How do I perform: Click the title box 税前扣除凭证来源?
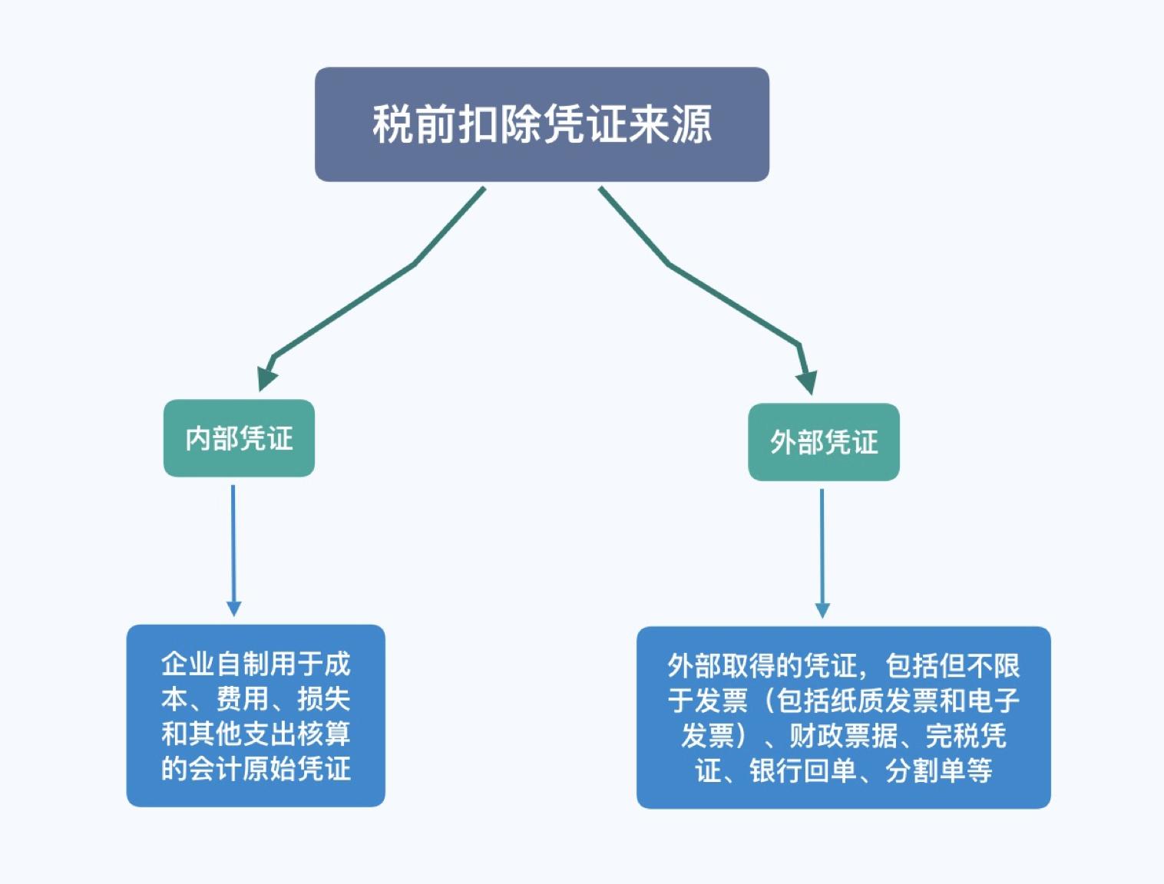point(541,124)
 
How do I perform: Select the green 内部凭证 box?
point(239,438)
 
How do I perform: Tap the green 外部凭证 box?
point(823,442)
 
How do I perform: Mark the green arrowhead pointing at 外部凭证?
point(807,381)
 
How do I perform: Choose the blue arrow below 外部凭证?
point(822,552)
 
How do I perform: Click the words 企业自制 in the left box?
point(215,664)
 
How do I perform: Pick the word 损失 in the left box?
point(323,699)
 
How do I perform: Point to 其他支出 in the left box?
point(242,734)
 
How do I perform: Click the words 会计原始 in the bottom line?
point(242,768)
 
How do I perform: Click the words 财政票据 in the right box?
point(843,736)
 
